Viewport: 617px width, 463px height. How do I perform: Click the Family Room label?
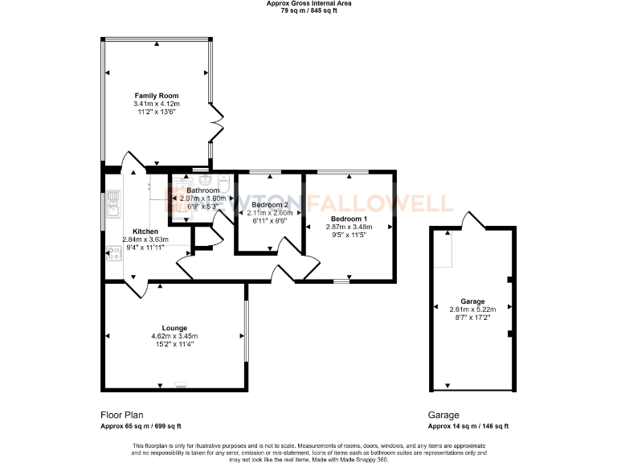coord(157,96)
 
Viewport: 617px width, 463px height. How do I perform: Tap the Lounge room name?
coord(174,328)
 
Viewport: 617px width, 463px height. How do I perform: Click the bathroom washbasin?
coord(204,179)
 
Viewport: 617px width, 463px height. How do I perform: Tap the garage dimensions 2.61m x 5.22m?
coord(472,309)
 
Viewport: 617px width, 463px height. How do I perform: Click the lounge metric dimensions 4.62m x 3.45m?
coord(174,336)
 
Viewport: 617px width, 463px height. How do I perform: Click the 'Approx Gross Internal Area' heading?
coord(308,4)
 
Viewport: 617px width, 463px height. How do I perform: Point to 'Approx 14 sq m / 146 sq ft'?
coord(468,426)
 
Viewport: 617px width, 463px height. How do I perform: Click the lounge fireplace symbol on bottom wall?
coord(182,383)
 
